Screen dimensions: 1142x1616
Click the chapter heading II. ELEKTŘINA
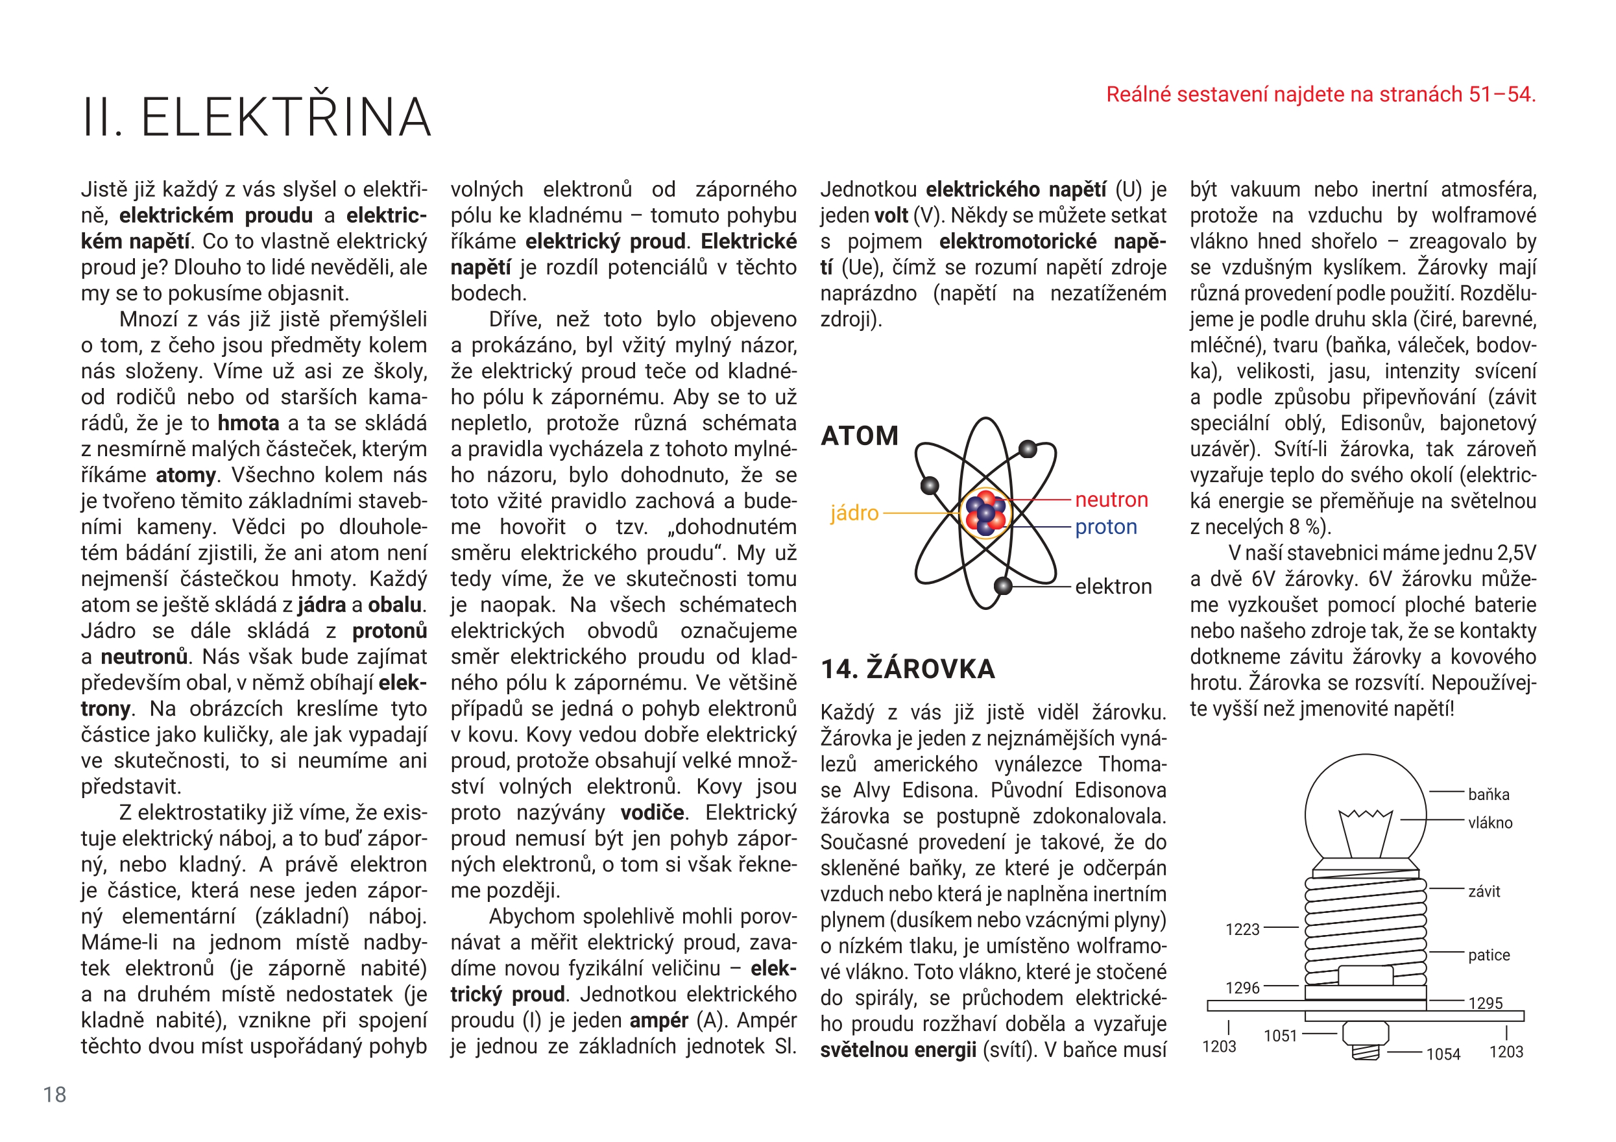[x=256, y=117]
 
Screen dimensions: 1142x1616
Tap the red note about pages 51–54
[x=1320, y=94]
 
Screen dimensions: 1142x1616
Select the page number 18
[x=55, y=1094]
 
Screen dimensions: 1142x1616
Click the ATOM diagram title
[x=860, y=436]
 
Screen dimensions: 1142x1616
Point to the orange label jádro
[x=854, y=513]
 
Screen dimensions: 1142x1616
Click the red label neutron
[x=1111, y=500]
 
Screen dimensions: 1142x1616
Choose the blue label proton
[x=1105, y=527]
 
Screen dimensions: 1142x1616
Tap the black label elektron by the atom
[x=1113, y=586]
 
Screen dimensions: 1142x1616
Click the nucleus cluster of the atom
[x=985, y=513]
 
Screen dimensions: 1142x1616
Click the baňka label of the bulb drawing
[x=1489, y=794]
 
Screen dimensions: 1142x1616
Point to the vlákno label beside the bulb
[x=1490, y=822]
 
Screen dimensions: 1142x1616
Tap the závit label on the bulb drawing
[x=1484, y=892]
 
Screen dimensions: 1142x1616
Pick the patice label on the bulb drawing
[x=1489, y=954]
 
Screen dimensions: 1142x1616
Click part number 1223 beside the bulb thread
[x=1242, y=929]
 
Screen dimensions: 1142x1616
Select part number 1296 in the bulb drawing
[x=1242, y=988]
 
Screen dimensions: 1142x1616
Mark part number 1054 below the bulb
[x=1443, y=1054]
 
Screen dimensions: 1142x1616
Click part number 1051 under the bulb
[x=1280, y=1036]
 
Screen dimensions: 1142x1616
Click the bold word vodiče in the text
[x=652, y=812]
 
